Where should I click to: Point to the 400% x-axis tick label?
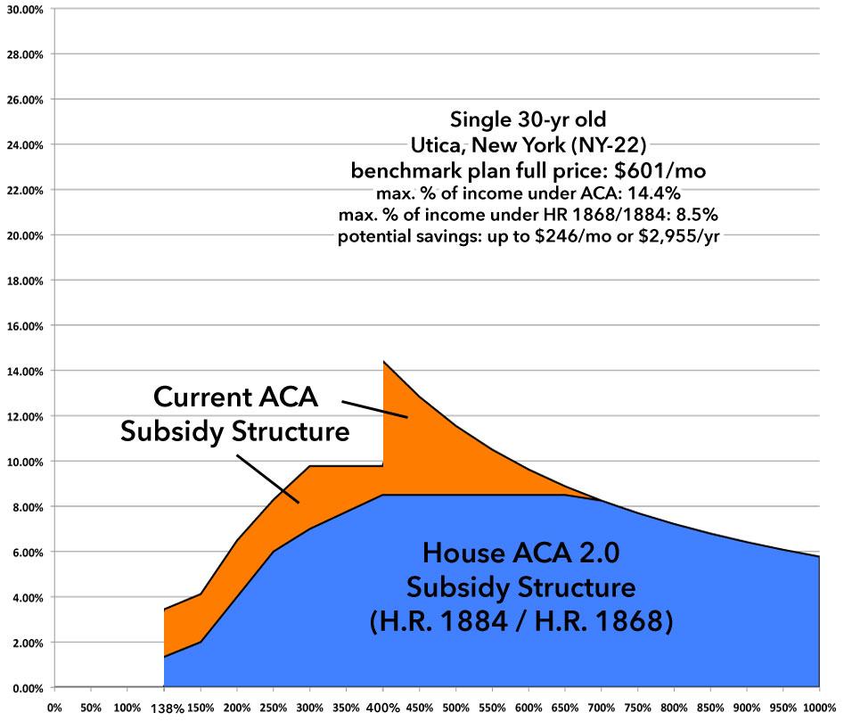(x=382, y=708)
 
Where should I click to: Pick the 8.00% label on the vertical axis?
(x=26, y=507)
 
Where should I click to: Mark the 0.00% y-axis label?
(x=26, y=688)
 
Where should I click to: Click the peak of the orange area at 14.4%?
(x=384, y=361)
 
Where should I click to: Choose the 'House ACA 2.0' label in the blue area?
(x=520, y=554)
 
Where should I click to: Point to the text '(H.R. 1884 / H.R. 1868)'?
(x=520, y=620)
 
